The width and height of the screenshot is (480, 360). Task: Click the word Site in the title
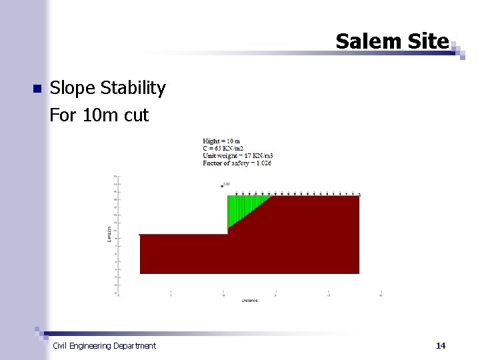427,41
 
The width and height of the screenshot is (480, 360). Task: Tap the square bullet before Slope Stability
37,89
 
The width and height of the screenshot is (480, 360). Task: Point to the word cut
137,115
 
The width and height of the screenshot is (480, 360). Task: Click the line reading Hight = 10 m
221,141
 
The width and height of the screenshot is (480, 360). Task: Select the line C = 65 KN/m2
223,148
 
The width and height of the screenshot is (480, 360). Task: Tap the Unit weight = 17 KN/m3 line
238,155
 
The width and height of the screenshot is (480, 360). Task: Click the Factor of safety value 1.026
262,163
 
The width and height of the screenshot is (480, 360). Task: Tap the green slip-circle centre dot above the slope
222,186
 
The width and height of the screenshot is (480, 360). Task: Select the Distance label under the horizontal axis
249,301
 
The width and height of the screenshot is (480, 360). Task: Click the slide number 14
440,345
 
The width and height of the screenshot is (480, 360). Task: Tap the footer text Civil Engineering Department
104,345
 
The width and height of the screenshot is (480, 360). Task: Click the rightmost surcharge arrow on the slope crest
359,194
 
